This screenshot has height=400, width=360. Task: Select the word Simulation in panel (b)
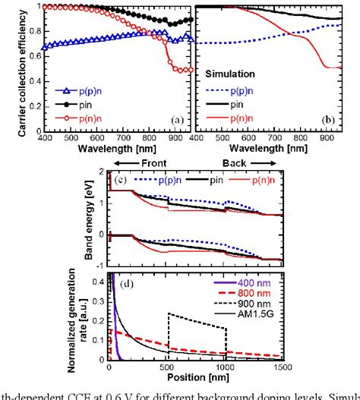click(x=232, y=77)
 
